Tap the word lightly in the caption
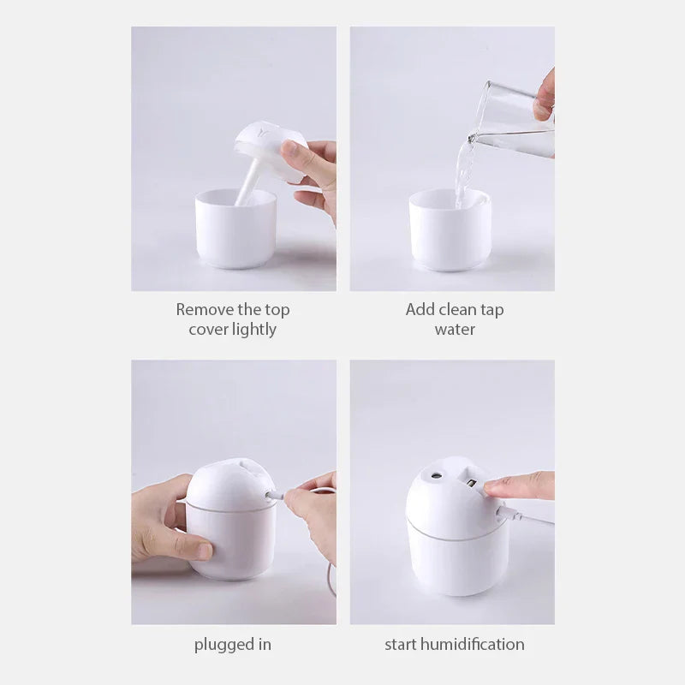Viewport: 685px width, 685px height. (x=253, y=330)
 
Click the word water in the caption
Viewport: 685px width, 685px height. (x=455, y=330)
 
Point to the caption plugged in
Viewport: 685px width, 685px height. (x=233, y=645)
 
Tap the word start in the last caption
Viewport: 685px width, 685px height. (x=401, y=645)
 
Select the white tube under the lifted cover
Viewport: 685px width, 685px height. (x=248, y=184)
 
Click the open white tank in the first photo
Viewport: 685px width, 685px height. (x=235, y=229)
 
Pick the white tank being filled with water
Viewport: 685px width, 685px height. (x=450, y=231)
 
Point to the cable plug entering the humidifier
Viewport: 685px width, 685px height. (x=272, y=495)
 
